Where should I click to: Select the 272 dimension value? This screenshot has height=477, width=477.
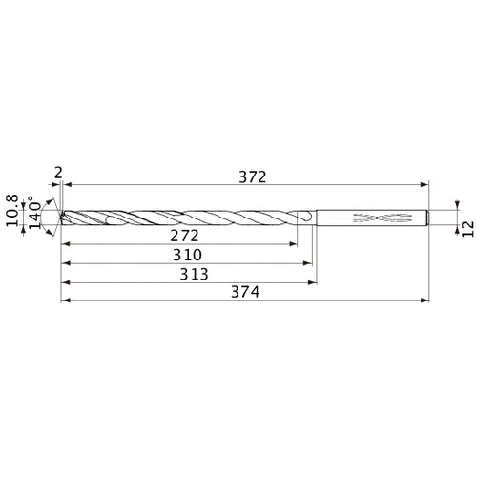(x=177, y=235)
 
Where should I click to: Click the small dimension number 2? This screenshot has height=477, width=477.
(x=59, y=172)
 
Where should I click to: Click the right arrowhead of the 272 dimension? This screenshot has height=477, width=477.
(x=294, y=244)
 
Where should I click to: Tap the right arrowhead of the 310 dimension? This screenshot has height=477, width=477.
(x=310, y=263)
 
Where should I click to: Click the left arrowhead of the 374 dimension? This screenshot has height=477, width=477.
(x=64, y=301)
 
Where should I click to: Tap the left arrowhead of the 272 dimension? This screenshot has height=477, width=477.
(x=64, y=244)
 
